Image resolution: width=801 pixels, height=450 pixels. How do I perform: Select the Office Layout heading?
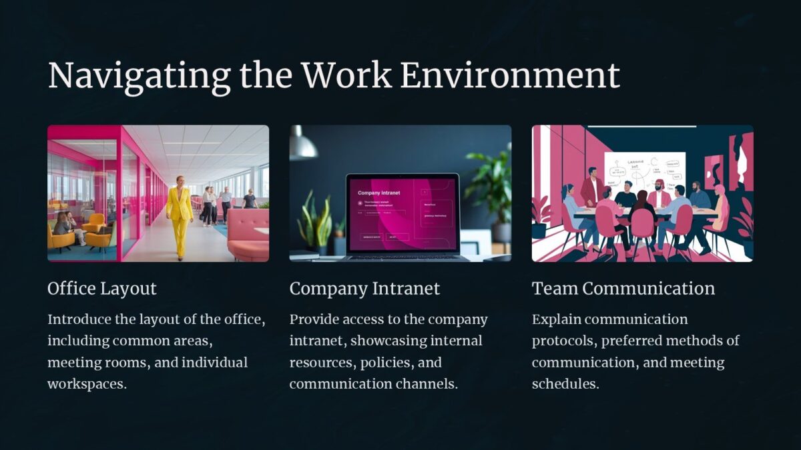[102, 289]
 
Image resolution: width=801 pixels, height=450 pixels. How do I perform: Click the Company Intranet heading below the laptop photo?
[364, 289]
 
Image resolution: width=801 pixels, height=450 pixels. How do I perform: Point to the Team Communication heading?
[623, 289]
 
